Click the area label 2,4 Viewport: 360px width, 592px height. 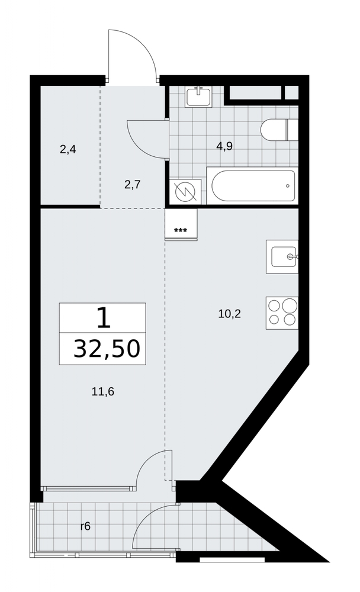point(68,150)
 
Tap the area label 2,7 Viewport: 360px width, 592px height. point(133,185)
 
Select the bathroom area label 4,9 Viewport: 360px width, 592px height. point(224,146)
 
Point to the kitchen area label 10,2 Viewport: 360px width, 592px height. point(229,314)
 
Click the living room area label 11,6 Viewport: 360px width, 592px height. point(103,391)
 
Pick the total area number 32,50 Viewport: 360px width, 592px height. point(107,348)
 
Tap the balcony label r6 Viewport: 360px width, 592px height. point(86,526)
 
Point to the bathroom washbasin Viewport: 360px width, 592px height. point(199,96)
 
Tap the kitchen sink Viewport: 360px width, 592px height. point(282,257)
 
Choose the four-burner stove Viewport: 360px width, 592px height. point(282,313)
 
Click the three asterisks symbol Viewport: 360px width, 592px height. point(180,230)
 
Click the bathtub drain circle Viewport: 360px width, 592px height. point(288,186)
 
